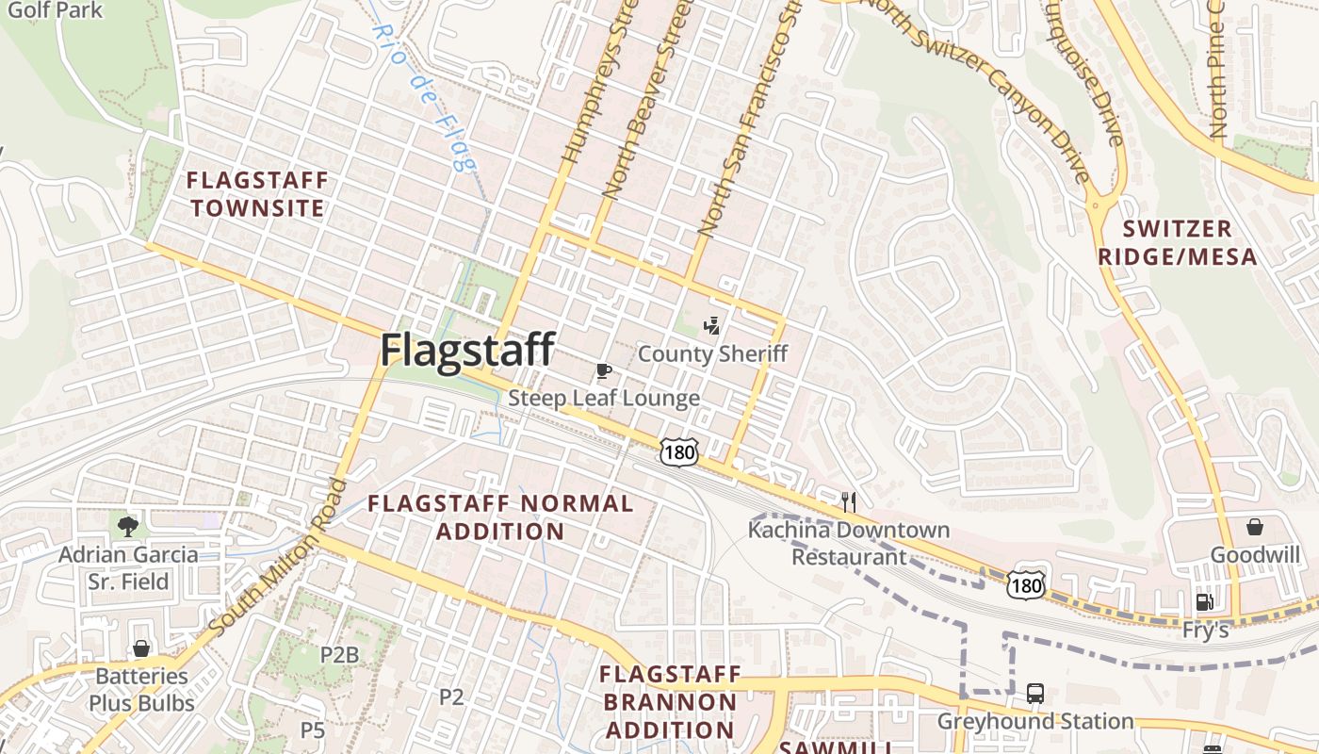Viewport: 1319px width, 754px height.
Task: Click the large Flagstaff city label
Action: tap(467, 350)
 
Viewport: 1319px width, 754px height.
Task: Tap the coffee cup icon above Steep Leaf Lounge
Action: tap(604, 369)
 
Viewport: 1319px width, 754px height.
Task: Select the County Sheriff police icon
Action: tap(712, 326)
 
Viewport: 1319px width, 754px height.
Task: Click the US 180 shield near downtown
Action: tap(678, 452)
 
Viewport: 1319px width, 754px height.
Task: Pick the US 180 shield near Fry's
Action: tap(1025, 586)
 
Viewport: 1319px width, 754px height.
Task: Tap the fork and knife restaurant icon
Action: tap(849, 501)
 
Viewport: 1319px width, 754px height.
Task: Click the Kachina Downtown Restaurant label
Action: tap(848, 543)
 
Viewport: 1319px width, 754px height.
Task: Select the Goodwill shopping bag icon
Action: tap(1255, 526)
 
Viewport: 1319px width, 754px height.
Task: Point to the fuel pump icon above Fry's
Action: tap(1204, 601)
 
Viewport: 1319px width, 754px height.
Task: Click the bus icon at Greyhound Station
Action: tap(1034, 694)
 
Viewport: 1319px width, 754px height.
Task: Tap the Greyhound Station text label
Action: tap(1034, 722)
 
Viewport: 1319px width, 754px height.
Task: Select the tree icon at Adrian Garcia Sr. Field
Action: tap(128, 526)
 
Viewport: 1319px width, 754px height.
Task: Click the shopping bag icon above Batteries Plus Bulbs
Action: tap(141, 648)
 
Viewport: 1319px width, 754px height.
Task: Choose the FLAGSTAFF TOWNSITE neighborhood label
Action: tap(257, 194)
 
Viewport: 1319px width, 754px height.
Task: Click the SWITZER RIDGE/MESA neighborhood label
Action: tap(1190, 242)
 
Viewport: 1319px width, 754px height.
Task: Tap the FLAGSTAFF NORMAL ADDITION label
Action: tap(500, 516)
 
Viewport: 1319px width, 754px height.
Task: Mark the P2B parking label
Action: tap(340, 654)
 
